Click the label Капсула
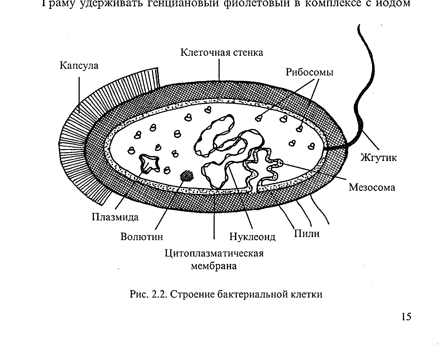pos(79,66)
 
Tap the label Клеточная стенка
pos(222,52)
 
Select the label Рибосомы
pos(309,72)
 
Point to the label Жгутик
pos(378,158)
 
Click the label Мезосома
pos(372,187)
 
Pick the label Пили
pos(307,234)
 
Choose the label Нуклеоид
pos(252,237)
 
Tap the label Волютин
pos(142,237)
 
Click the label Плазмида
pos(115,217)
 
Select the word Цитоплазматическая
pos(214,253)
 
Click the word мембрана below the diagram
pos(214,266)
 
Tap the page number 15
pos(406,317)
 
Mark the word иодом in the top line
pos(393,3)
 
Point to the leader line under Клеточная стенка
pos(219,69)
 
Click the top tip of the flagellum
pos(359,26)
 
